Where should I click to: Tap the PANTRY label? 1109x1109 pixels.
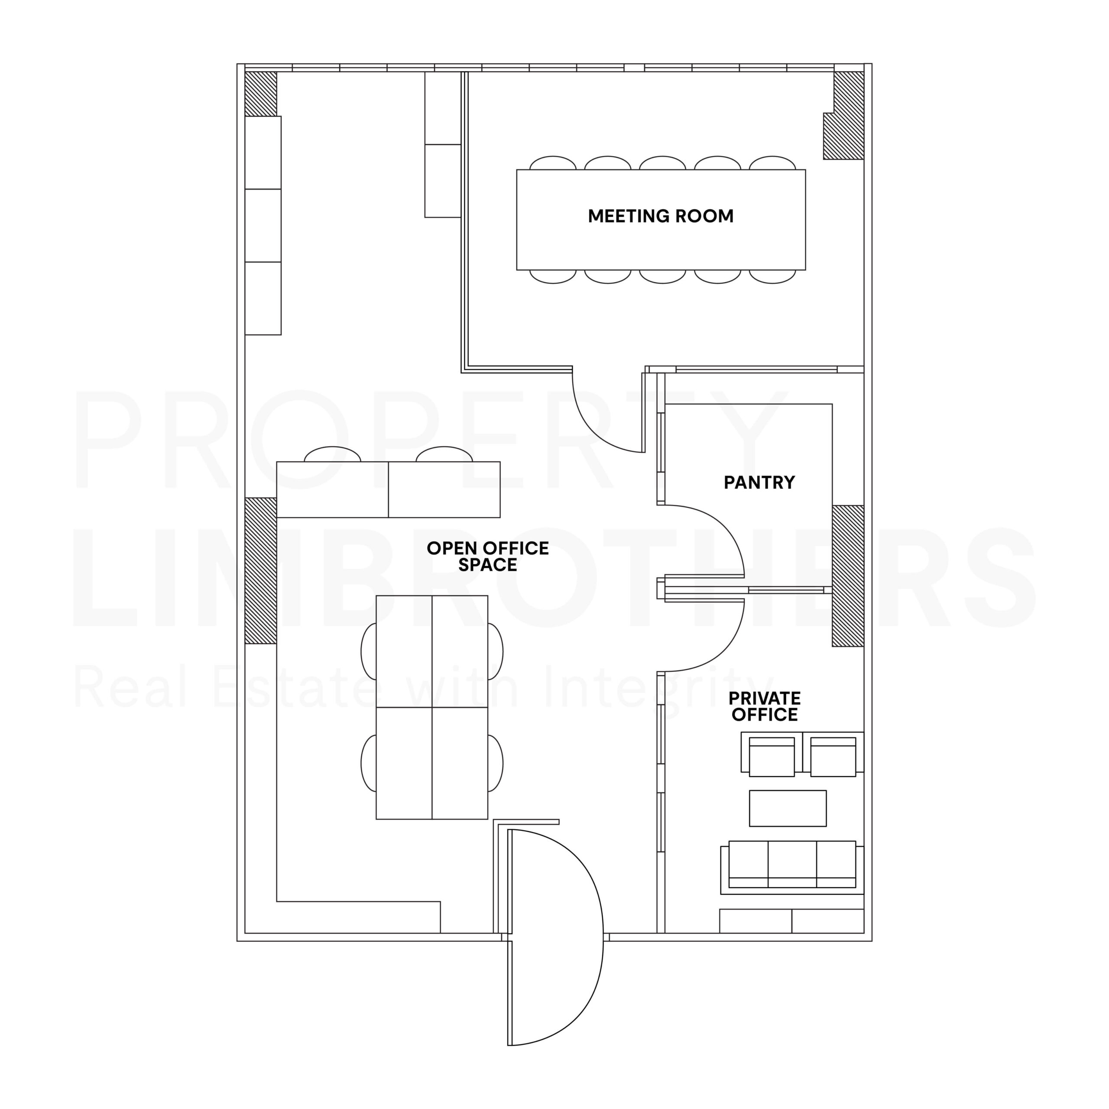(759, 482)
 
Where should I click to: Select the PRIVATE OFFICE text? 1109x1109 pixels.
(765, 706)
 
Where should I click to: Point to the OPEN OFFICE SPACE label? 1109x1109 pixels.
(487, 556)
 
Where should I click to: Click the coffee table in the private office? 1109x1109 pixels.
(788, 808)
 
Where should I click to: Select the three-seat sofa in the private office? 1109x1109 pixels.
(792, 867)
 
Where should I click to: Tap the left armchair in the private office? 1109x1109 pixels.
(772, 754)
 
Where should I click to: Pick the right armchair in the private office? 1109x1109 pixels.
(833, 754)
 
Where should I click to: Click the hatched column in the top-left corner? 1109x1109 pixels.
(261, 94)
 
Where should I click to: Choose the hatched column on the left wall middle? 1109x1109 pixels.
(261, 571)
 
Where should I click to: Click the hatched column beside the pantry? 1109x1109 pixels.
(848, 576)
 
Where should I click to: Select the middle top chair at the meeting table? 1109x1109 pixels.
(662, 162)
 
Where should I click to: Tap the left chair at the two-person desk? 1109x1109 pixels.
(332, 454)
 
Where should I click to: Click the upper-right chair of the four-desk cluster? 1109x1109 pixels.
(496, 652)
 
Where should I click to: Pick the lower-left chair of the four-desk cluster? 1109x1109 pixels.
(369, 763)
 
